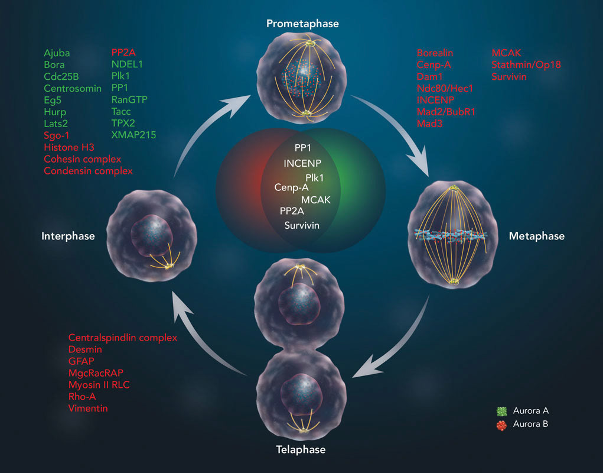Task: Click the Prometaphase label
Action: [x=302, y=24]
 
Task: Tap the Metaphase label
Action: [x=536, y=236]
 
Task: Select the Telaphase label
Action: [x=301, y=450]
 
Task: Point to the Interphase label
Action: [x=68, y=236]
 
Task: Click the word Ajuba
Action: [x=56, y=53]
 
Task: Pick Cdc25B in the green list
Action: [x=61, y=76]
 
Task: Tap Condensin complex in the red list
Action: [x=88, y=171]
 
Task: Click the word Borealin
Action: [x=435, y=53]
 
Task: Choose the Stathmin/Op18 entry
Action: [x=526, y=64]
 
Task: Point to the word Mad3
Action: [x=429, y=124]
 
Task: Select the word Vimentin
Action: [x=88, y=408]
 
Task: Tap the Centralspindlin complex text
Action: [x=122, y=338]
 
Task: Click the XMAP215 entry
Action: [x=133, y=135]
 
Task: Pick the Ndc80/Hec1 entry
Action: [x=445, y=88]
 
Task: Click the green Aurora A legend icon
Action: [x=503, y=410]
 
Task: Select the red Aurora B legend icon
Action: [x=503, y=424]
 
